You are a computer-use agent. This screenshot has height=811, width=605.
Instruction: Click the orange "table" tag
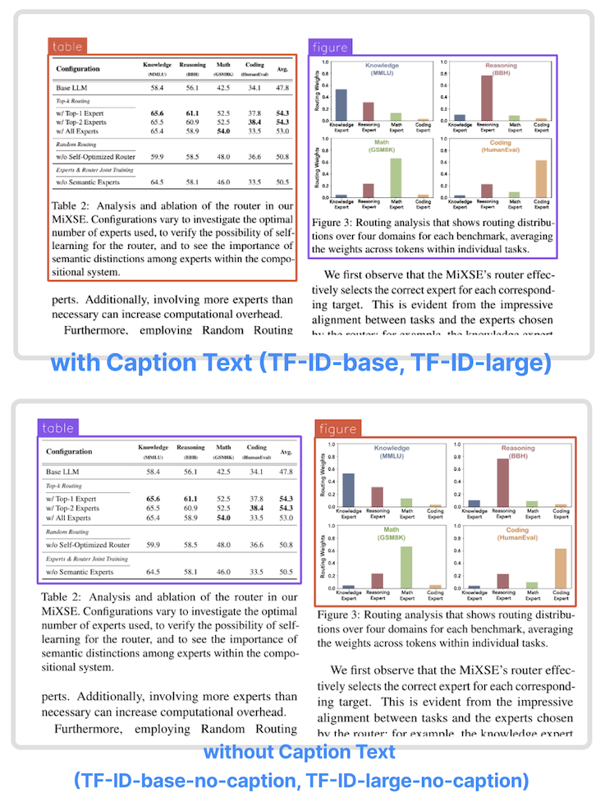[x=67, y=47]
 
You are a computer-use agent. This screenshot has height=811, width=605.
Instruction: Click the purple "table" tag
[x=57, y=427]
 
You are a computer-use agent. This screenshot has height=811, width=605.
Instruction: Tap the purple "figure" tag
[x=329, y=47]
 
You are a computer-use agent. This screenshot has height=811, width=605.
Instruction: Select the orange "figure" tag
[x=337, y=428]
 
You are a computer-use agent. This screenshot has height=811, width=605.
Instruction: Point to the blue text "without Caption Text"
[x=300, y=752]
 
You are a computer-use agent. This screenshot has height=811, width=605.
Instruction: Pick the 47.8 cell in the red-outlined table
[x=282, y=88]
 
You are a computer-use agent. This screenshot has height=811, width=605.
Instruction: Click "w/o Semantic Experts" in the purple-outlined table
[x=80, y=572]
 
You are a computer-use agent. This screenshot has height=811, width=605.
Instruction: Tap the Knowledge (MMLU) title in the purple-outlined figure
[x=375, y=69]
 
